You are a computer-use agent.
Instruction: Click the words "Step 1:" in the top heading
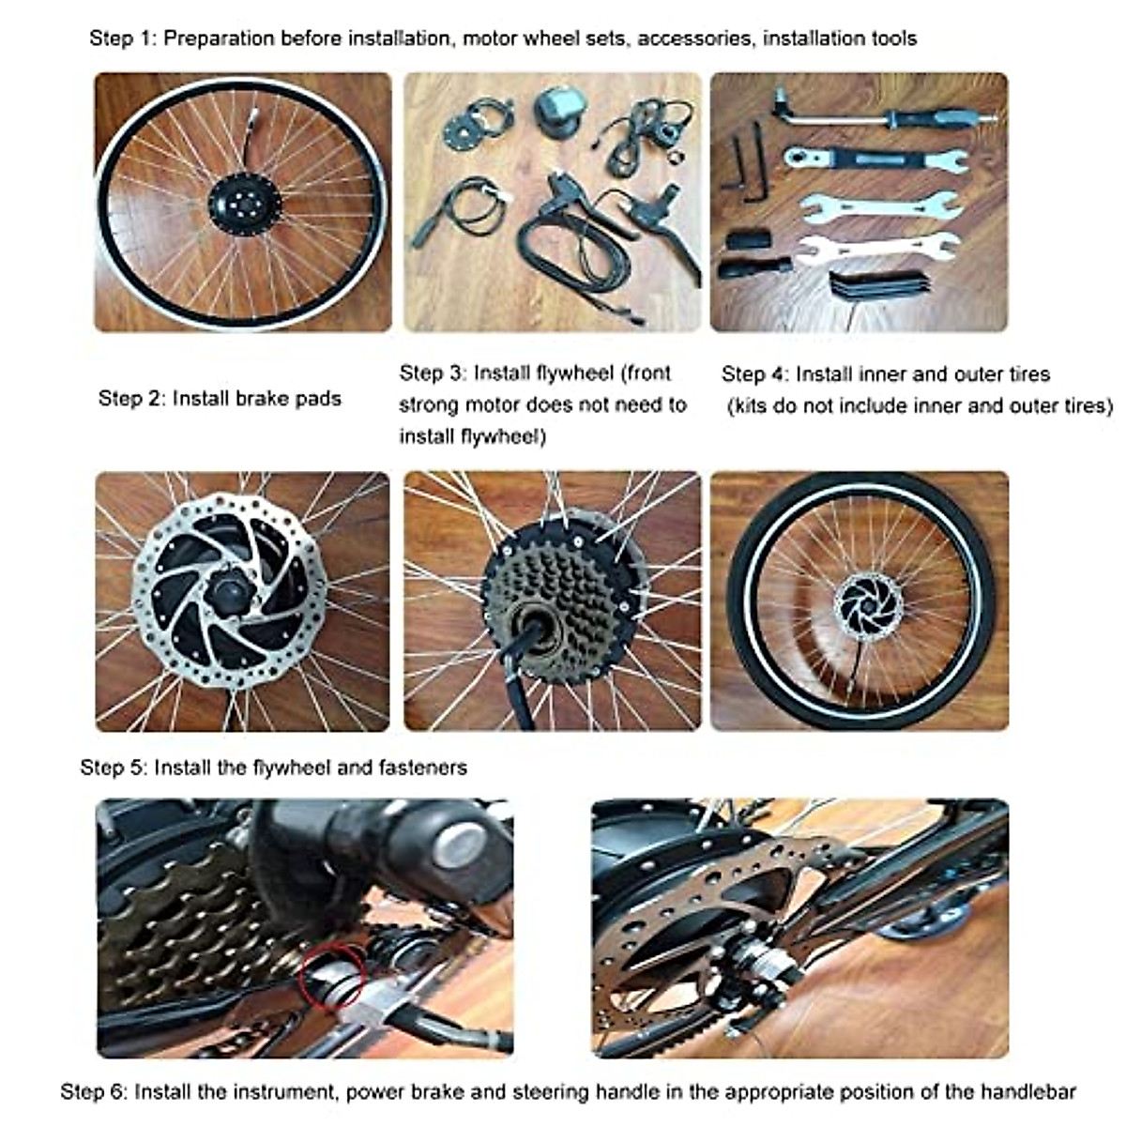tap(124, 38)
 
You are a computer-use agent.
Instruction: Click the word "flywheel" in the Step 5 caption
tap(291, 768)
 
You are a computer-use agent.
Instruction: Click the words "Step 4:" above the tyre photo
tap(754, 374)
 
